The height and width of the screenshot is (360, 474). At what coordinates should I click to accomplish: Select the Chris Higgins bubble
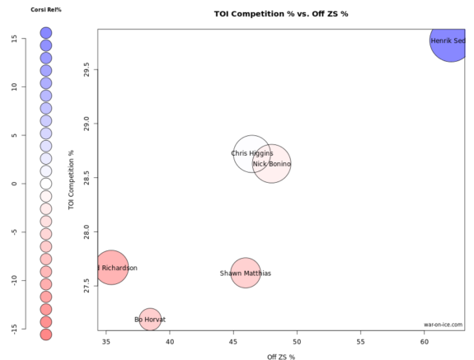coord(252,153)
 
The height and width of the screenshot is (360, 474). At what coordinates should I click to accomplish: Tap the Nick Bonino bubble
coord(271,164)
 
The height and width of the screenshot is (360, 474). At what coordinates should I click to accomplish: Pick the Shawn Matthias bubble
coord(246,273)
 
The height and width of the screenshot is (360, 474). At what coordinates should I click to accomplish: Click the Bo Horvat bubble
coord(150,319)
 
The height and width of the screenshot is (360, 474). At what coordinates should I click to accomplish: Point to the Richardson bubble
coord(111,268)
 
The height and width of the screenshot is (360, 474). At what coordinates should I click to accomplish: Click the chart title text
coord(279,15)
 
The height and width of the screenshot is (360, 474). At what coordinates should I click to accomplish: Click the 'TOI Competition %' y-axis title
coord(73,179)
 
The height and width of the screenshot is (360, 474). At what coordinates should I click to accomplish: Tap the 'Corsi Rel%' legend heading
coord(46,9)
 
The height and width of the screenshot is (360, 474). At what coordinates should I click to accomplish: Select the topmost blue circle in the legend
coord(46,33)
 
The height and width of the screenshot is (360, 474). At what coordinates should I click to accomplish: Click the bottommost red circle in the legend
coord(46,334)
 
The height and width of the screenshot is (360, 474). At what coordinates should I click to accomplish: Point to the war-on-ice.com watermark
coord(443,325)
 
